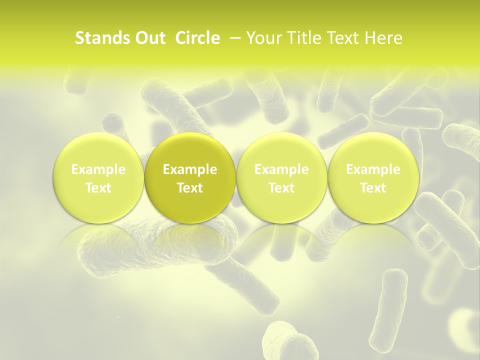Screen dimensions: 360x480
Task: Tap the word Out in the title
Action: point(150,38)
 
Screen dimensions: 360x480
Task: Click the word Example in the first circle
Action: point(98,169)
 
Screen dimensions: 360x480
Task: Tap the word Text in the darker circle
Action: point(190,188)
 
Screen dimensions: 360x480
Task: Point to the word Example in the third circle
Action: point(281,169)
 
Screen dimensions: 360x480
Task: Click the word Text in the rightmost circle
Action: point(373,188)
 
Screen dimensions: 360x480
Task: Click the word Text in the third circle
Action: point(281,188)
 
